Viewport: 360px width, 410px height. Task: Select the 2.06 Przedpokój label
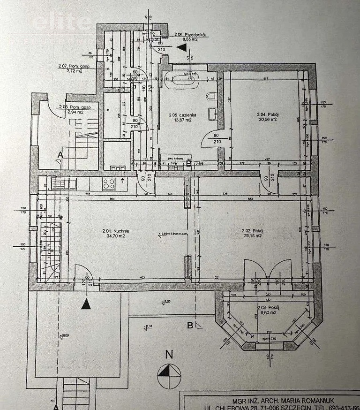191,35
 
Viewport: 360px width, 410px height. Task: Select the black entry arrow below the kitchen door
85,304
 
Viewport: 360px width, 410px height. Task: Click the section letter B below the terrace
190,325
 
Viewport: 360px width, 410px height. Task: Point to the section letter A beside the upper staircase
60,153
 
